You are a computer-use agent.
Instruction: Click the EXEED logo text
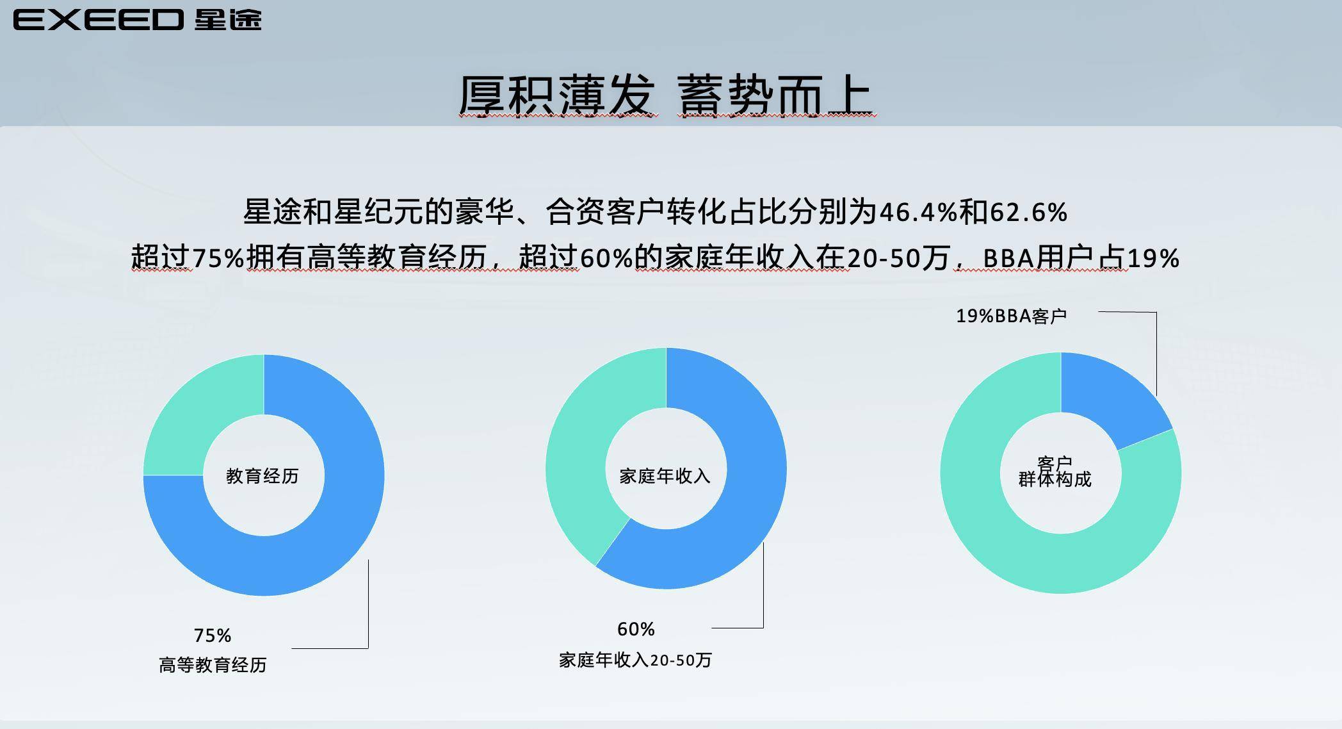coord(99,20)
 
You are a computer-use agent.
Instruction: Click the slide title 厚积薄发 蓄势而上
coord(666,96)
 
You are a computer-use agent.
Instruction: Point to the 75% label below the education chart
coord(213,635)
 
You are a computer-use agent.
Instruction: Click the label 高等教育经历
coord(213,665)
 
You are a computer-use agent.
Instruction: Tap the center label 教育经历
coord(263,476)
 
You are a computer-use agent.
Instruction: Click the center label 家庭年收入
coord(665,476)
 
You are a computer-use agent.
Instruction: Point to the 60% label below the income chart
coord(636,629)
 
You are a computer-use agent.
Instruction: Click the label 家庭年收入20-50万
coord(635,660)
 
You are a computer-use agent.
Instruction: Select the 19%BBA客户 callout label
coord(1011,316)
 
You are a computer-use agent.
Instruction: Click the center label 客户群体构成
coord(1055,471)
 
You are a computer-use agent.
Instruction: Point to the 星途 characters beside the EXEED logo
coord(228,20)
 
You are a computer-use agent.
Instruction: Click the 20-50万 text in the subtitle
coord(898,258)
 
